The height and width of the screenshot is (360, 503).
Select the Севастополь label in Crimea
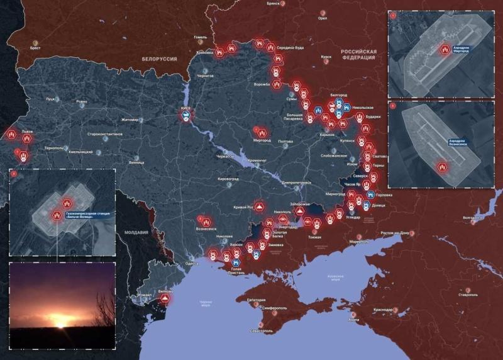pos(262,330)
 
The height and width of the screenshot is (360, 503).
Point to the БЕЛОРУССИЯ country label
pos(159,59)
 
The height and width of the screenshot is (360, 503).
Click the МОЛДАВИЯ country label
pos(136,232)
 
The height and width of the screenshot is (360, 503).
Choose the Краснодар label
pos(382,310)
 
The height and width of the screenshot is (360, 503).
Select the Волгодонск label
pos(473,218)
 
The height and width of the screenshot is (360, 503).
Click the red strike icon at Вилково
pos(165,300)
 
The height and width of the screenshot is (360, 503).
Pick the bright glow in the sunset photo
pos(61,322)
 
